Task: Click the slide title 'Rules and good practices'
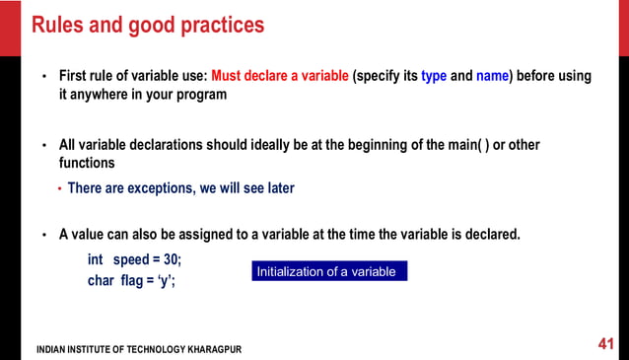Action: point(148,25)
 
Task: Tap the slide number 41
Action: point(606,344)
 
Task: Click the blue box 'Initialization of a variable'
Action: point(328,271)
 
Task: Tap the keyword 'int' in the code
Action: point(96,259)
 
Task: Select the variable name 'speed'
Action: point(131,259)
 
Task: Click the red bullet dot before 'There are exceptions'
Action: point(59,188)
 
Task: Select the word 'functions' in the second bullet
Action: point(87,163)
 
